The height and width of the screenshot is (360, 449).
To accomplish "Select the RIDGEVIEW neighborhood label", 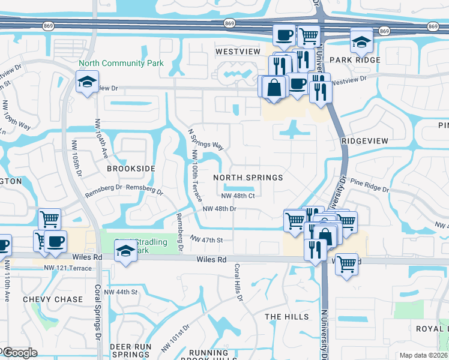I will click(x=365, y=140).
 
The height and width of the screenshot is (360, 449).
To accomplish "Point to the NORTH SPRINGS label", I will click(x=248, y=178).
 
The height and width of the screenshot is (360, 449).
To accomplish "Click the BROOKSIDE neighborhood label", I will click(x=131, y=169).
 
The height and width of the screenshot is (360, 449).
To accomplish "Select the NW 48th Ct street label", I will click(x=238, y=196).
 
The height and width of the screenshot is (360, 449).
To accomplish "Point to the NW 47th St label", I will click(x=206, y=239).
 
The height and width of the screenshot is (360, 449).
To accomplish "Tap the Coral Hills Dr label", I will click(x=238, y=283).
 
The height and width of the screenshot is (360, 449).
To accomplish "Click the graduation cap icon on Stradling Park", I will click(x=125, y=250).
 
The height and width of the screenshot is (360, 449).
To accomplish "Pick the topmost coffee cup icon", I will click(x=285, y=34).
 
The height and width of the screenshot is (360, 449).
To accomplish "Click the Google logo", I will click(x=20, y=353).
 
